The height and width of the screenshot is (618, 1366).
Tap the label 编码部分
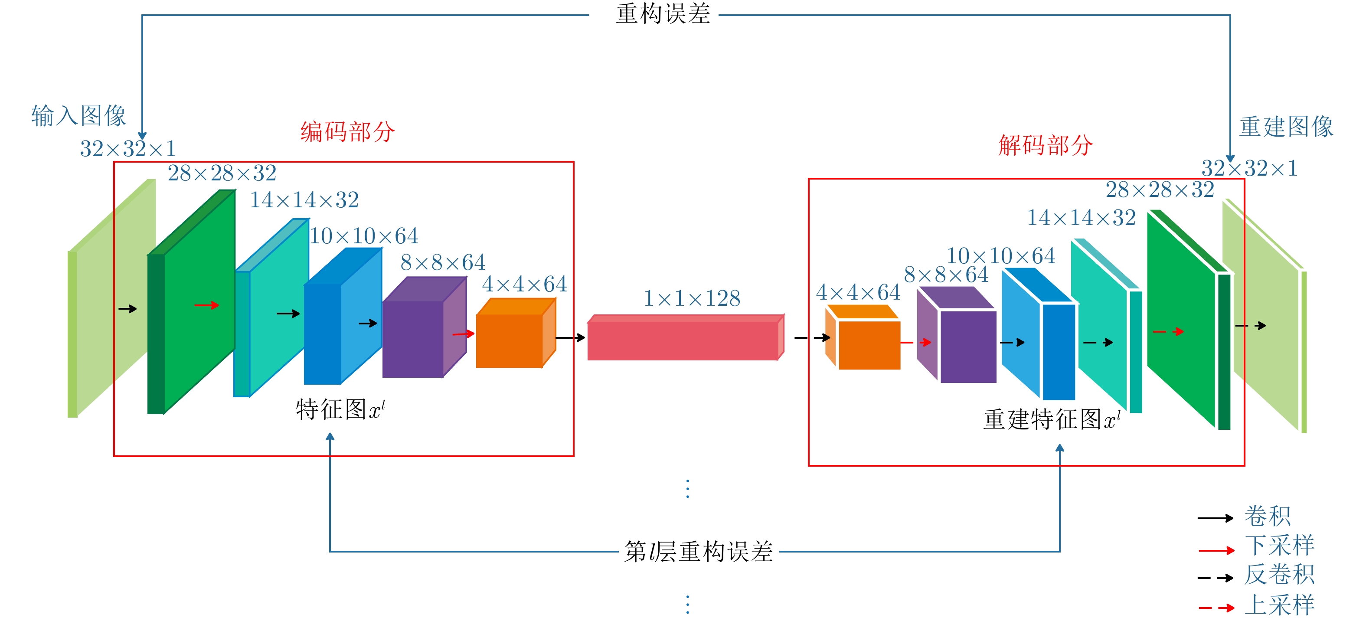[347, 131]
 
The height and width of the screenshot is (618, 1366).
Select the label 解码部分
[1045, 145]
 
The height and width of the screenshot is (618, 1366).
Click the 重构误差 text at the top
[663, 14]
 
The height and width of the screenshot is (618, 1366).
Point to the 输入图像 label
[78, 116]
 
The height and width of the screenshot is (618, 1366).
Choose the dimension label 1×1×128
[692, 299]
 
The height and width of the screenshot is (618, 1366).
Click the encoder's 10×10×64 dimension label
[364, 236]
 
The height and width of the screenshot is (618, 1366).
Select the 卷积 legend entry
[1268, 516]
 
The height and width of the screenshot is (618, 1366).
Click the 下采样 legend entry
[1279, 545]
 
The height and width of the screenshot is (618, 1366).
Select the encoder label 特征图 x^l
[340, 409]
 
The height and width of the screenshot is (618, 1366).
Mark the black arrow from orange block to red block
[571, 337]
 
